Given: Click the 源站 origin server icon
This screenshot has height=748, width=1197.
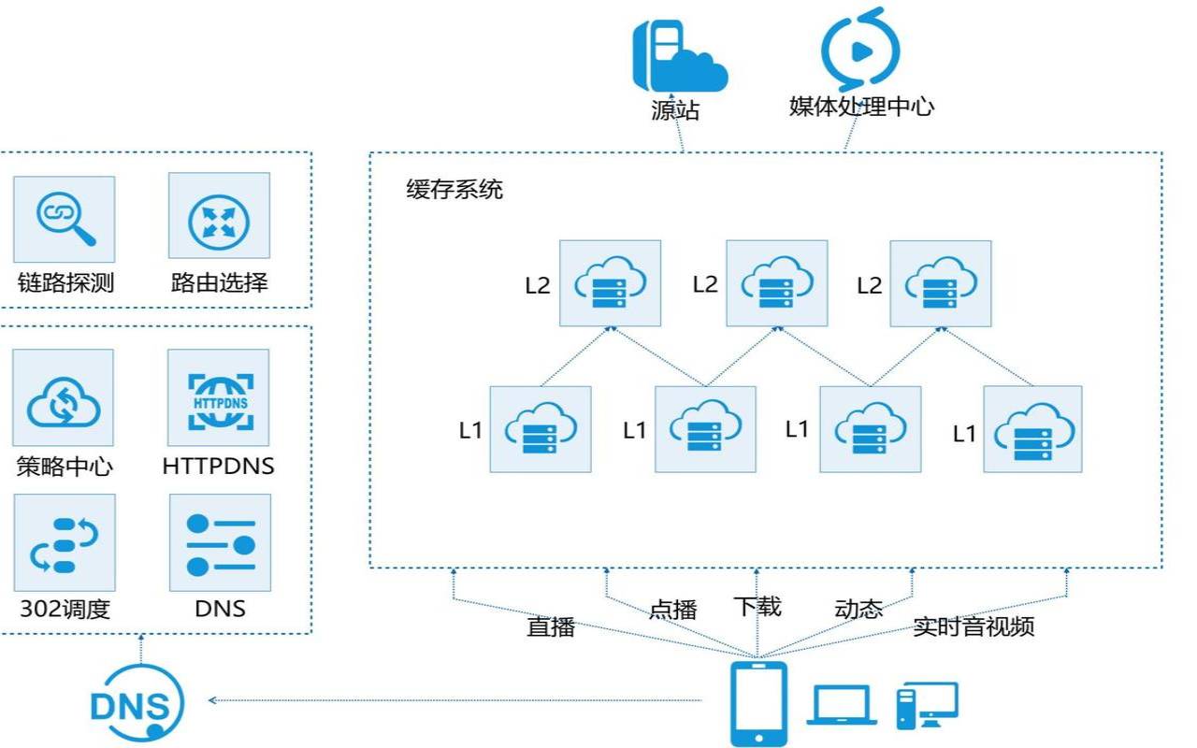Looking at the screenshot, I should coord(679,54).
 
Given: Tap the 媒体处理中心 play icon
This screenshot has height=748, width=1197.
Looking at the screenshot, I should coord(859,49).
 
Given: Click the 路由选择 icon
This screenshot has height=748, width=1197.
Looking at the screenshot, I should coord(219,216).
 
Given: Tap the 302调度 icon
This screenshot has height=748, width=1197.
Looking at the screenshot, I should coord(65,543).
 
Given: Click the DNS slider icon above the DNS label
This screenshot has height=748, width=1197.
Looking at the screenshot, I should coord(220,543).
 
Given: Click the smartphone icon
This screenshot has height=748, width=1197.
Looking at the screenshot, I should coord(757,702).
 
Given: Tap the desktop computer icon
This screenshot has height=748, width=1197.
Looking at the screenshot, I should coord(927,705).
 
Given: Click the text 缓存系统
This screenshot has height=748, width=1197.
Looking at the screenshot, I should coord(454,190).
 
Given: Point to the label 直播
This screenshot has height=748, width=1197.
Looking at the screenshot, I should coord(551,626).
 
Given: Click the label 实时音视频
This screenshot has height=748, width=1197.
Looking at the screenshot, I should coord(973,626).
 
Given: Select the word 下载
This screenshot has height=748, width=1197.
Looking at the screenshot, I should coord(757,606).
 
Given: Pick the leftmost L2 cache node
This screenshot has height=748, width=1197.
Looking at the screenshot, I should coord(610,283).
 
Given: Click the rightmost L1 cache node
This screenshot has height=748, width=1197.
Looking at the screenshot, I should coord(1032,429).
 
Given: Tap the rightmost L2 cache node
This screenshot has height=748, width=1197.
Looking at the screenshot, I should coord(940,283).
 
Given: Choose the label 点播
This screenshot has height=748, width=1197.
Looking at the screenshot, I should coord(673,610).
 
